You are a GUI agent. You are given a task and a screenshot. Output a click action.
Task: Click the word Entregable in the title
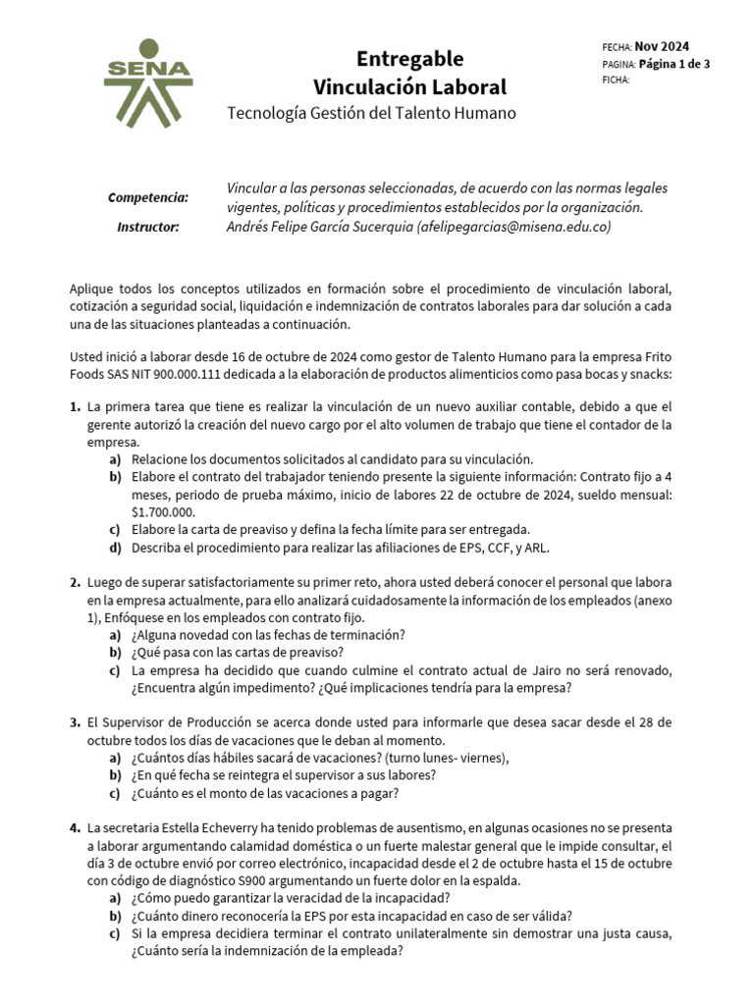[x=409, y=58]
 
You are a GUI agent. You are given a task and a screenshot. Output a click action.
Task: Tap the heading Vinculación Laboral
[x=409, y=86]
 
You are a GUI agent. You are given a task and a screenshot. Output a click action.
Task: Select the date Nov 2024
[x=662, y=46]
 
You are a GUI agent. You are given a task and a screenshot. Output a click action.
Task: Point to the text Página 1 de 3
[x=674, y=64]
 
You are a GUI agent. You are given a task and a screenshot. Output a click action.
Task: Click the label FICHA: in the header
[x=616, y=80]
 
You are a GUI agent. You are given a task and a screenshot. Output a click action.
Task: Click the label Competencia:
[x=148, y=197]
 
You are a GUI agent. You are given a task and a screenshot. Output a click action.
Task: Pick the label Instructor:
[x=148, y=227]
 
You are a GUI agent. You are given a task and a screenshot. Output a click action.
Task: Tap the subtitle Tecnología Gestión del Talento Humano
[x=371, y=114]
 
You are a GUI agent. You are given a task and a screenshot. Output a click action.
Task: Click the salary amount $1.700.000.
[x=163, y=511]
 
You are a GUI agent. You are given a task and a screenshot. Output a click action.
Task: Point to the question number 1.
[x=75, y=406]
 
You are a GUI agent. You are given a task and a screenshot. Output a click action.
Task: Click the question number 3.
[x=75, y=722]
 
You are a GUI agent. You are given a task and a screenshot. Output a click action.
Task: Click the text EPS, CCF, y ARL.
[x=514, y=548]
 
